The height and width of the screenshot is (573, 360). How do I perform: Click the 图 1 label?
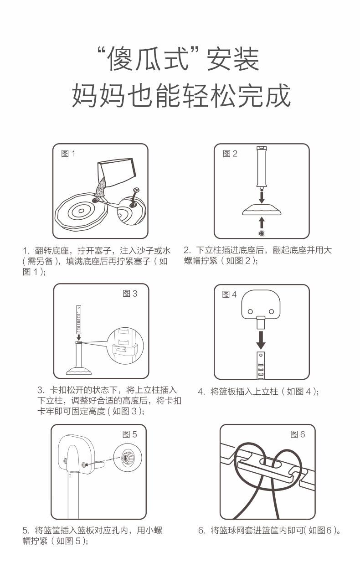point(68,154)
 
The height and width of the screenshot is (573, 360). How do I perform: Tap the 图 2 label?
point(230,154)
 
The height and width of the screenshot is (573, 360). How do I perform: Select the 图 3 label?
point(130,294)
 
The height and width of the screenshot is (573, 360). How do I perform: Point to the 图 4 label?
point(229,294)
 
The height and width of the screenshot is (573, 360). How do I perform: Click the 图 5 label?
point(129,434)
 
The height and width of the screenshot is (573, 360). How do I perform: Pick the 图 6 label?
point(298,434)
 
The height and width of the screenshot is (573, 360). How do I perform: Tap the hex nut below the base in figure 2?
point(262,233)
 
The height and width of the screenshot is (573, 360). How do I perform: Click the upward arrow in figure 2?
point(261,222)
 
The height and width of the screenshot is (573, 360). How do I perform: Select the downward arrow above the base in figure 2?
point(261,197)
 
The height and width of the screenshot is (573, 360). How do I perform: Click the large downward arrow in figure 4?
point(261,340)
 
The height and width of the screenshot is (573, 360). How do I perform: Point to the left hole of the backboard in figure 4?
point(250,311)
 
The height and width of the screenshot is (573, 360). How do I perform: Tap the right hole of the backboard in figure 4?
point(272,311)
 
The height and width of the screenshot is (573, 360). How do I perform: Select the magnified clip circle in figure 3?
point(125,346)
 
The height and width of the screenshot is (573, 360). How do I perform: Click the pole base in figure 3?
point(79,371)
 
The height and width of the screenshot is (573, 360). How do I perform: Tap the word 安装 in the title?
point(233,59)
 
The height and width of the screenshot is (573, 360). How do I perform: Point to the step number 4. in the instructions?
point(202,392)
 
